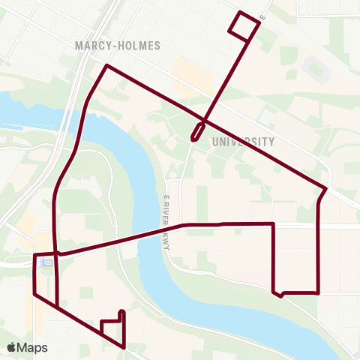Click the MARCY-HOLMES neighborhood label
pos(118,45)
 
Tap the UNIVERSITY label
pos(244,141)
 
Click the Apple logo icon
pos(11,347)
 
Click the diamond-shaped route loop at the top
pos(244,25)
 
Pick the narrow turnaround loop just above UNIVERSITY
pos(197,131)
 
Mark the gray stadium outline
pos(315,69)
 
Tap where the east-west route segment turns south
pos(273,223)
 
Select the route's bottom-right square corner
pos(319,292)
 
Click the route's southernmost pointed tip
pos(124,347)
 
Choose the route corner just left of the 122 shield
pos(35,256)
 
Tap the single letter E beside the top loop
pos(262,16)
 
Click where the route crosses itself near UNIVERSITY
pos(203,120)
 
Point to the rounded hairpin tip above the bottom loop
pos(121,310)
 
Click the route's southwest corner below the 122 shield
pos(35,294)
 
